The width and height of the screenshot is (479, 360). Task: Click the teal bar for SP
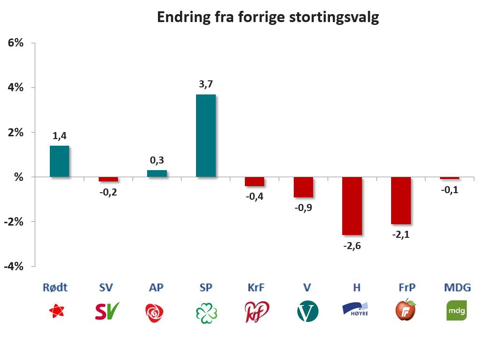(206, 135)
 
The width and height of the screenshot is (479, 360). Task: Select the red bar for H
(352, 206)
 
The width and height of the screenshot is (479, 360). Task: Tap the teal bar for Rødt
(60, 161)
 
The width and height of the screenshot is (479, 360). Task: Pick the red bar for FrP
(401, 201)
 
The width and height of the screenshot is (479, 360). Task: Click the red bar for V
(303, 187)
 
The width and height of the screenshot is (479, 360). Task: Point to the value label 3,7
(206, 85)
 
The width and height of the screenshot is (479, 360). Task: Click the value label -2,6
(352, 245)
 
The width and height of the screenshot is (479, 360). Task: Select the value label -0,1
(449, 190)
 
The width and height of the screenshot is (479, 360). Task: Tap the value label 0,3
(157, 160)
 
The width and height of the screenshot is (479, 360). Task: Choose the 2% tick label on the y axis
(16, 132)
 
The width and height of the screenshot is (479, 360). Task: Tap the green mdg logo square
(456, 311)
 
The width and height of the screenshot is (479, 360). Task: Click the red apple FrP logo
(405, 310)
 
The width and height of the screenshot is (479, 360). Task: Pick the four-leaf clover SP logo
(206, 312)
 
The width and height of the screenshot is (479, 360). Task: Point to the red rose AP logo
(156, 312)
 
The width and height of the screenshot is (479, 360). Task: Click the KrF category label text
(255, 287)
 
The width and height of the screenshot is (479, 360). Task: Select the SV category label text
(106, 287)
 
